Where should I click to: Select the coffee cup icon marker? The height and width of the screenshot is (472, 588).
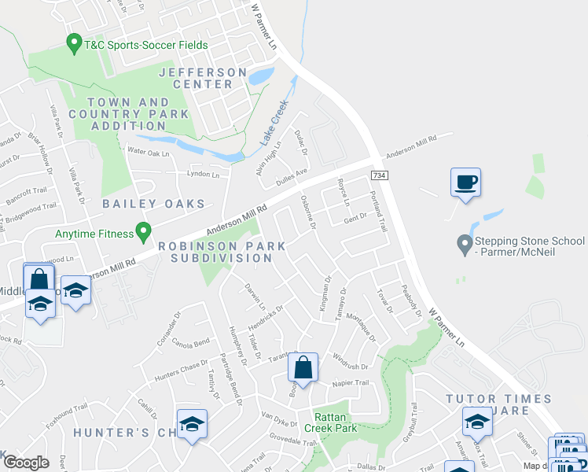point(465,183)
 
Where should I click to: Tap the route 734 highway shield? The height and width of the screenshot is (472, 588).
point(380,175)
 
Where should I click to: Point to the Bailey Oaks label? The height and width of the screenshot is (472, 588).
point(154,204)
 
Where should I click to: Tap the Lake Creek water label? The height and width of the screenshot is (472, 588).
point(275,121)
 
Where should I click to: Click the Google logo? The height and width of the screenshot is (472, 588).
point(26,462)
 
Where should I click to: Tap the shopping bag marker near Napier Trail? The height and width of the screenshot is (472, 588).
point(303,367)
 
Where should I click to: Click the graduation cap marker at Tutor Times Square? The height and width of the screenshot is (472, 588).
point(476,422)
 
